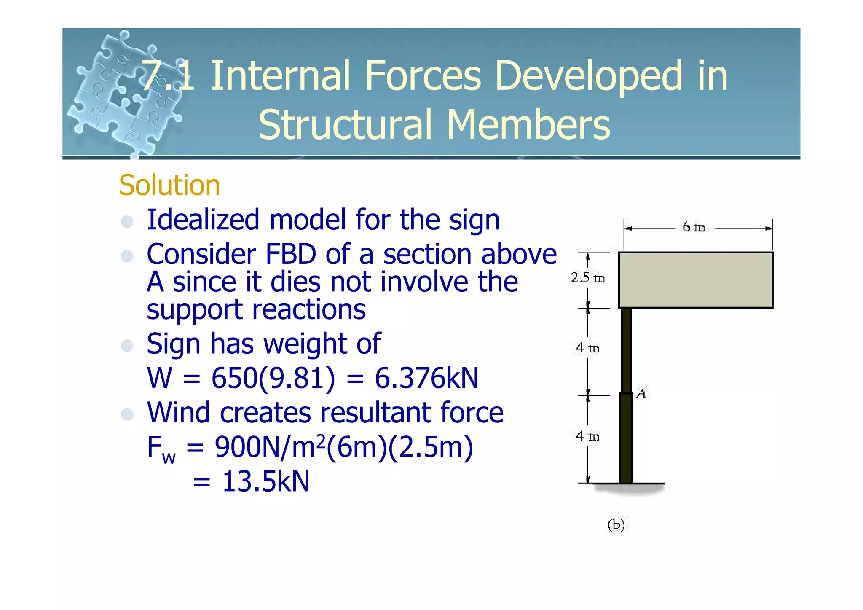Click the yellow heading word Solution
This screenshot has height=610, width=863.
(169, 185)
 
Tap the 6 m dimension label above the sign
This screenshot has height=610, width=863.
(693, 227)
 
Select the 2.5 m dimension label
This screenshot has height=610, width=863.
(587, 278)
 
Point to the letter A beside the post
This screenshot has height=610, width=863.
(641, 393)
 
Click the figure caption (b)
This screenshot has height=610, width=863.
(616, 525)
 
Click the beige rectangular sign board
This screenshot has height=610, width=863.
(695, 280)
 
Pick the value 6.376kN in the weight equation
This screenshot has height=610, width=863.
(426, 378)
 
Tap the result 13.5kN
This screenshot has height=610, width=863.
(265, 482)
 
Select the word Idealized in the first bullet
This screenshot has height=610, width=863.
(203, 220)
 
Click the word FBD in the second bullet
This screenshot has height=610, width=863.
(290, 255)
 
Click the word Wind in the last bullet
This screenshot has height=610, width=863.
(178, 413)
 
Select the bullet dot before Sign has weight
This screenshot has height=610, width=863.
(127, 346)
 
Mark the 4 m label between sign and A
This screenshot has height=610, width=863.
(587, 348)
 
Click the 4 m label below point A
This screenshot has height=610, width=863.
(587, 436)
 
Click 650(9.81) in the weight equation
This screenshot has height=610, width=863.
(273, 378)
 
